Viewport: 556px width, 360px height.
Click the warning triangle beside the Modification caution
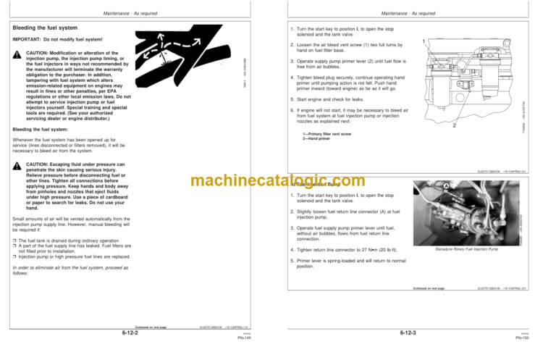point(17,56)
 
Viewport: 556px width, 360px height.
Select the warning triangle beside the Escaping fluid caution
point(17,166)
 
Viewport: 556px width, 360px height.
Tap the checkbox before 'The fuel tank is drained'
point(14,240)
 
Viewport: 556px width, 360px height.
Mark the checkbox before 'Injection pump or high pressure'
point(14,256)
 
